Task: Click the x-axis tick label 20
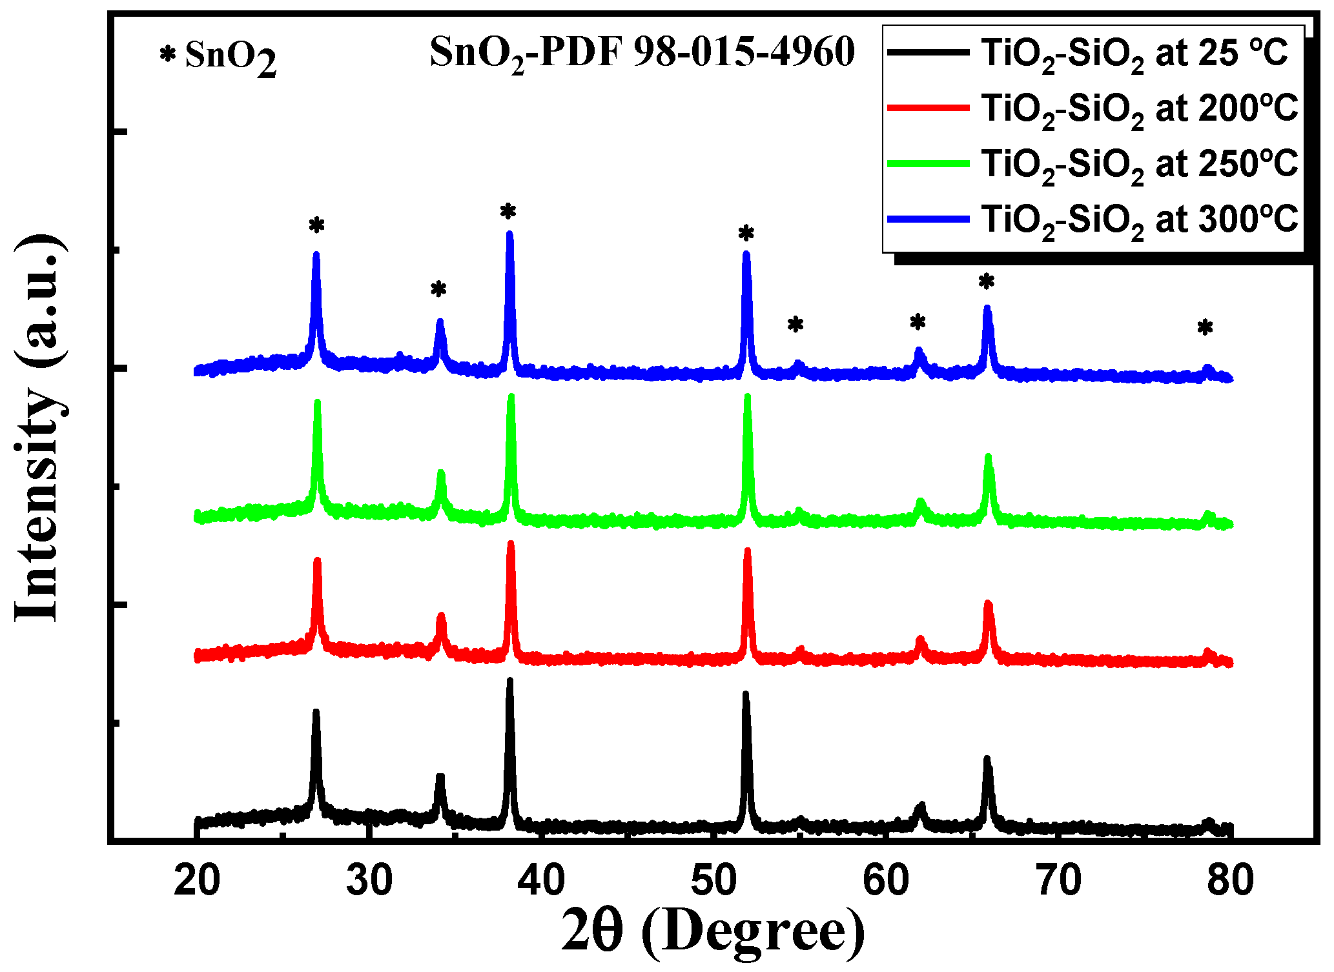[x=197, y=880]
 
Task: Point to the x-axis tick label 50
[x=713, y=880]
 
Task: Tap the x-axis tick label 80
[x=1230, y=880]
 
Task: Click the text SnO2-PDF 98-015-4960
[x=642, y=53]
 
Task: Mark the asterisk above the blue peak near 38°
[x=508, y=211]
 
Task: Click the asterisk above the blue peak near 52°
[x=746, y=233]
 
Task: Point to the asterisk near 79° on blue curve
[x=1205, y=328]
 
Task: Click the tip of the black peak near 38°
[x=509, y=680]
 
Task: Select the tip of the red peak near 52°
[x=747, y=551]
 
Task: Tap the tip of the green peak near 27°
[x=317, y=402]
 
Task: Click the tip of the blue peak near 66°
[x=987, y=308]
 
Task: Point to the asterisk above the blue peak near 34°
[x=438, y=289]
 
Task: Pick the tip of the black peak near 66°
[x=987, y=758]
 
